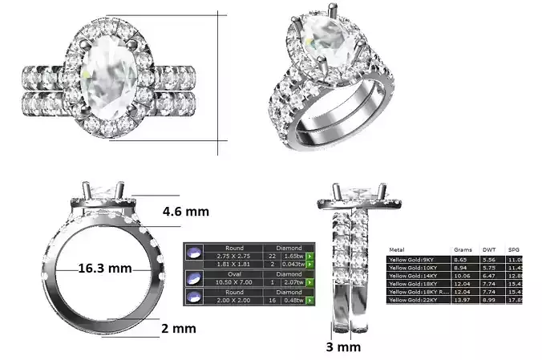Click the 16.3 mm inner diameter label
(x=104, y=269)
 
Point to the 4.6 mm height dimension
(x=185, y=212)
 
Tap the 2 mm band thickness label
(x=177, y=329)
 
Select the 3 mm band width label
(x=344, y=346)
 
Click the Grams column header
(x=463, y=250)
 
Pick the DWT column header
(x=488, y=250)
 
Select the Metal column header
(x=396, y=250)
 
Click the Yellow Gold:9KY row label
(x=411, y=261)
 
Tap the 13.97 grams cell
(x=462, y=299)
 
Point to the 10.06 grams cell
(x=462, y=276)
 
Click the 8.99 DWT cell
(x=489, y=299)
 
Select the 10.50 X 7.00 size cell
(x=234, y=283)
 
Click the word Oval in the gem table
(x=234, y=273)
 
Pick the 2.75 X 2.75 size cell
(x=234, y=256)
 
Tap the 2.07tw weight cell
(x=294, y=283)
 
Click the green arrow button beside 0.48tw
(x=309, y=301)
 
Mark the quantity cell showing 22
(x=272, y=256)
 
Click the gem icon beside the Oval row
(x=193, y=278)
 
